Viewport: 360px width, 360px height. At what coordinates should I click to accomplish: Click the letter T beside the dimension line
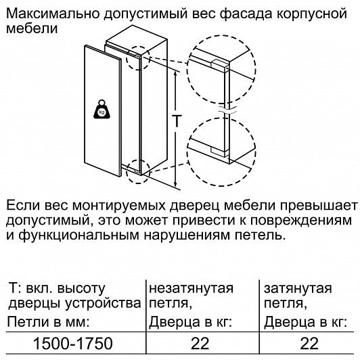[177, 120]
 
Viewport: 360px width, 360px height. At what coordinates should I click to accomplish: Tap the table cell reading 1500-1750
[73, 344]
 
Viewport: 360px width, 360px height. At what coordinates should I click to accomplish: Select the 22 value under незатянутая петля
[200, 344]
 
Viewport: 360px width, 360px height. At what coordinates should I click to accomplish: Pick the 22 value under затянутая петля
[309, 344]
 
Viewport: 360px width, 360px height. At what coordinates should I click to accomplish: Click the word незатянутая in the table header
[191, 288]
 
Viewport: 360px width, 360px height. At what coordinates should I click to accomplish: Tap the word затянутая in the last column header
[298, 288]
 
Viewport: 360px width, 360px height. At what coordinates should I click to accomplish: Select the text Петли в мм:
[48, 322]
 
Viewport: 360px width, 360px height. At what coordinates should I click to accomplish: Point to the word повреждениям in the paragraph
[301, 221]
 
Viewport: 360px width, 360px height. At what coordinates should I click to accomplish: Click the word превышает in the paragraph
[318, 206]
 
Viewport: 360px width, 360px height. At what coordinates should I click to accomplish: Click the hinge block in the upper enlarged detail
[219, 64]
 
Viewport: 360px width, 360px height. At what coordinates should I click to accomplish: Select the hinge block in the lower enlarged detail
[219, 152]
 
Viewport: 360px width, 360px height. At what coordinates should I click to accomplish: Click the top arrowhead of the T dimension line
[176, 74]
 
